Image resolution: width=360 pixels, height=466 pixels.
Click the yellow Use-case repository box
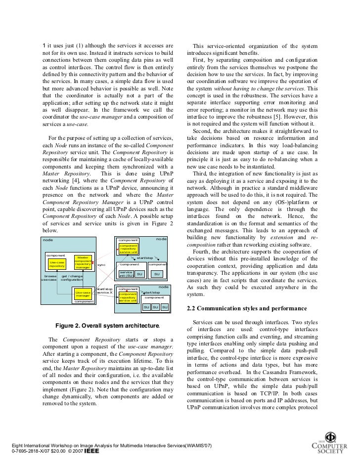pyautogui.click(x=57, y=264)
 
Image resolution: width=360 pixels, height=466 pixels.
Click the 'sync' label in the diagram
pyautogui.click(x=101, y=265)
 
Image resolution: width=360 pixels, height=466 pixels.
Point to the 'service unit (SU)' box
pyautogui.click(x=126, y=274)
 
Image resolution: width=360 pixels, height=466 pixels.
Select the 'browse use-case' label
pyautogui.click(x=50, y=278)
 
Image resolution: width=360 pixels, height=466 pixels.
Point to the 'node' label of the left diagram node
pyautogui.click(x=48, y=239)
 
